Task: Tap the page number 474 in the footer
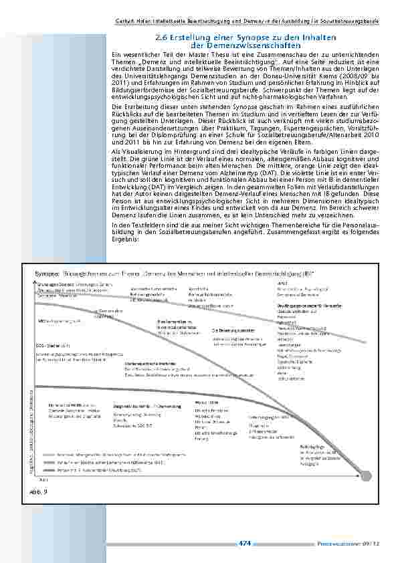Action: click(x=245, y=544)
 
